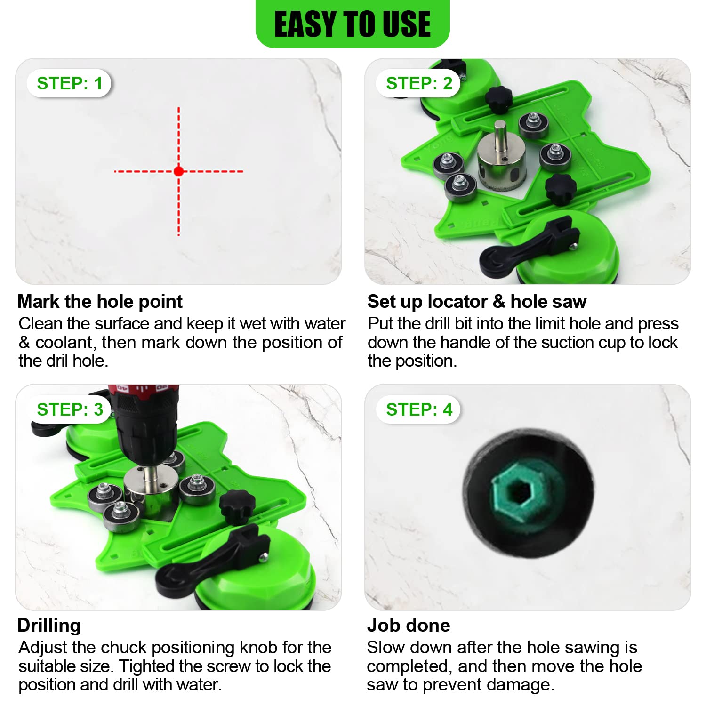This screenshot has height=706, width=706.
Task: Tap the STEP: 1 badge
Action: click(69, 83)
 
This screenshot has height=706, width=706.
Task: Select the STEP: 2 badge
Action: click(418, 83)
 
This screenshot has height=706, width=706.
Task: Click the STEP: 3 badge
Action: click(69, 409)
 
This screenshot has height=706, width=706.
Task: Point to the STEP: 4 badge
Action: click(418, 409)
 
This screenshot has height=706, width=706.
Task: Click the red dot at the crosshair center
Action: click(178, 171)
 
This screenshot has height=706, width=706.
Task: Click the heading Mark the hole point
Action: click(100, 301)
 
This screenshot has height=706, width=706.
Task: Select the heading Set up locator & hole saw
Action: click(477, 301)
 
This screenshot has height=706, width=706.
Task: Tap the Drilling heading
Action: click(49, 625)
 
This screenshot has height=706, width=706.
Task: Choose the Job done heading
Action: click(409, 625)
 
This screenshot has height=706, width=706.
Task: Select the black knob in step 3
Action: click(237, 506)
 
